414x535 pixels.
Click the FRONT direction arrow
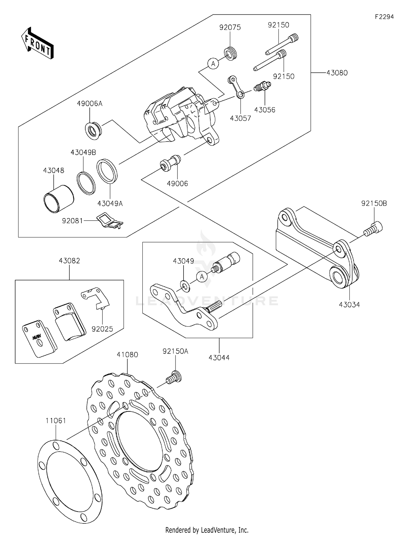tap(37, 43)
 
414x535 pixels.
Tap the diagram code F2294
tap(384, 17)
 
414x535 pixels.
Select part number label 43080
tap(337, 73)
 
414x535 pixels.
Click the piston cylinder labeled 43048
tap(59, 199)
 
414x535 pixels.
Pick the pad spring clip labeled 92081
tap(110, 221)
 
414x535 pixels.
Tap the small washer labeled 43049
tap(185, 286)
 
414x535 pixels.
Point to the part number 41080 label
tap(127, 354)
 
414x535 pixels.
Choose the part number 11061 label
tap(56, 421)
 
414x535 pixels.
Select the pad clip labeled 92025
tap(96, 298)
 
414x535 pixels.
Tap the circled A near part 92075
tap(213, 64)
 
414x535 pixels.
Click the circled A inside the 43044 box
tap(202, 276)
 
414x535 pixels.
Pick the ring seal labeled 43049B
tap(86, 183)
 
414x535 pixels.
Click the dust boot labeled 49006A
tap(93, 129)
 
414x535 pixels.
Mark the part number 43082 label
tap(69, 261)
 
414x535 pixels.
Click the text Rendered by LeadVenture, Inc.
tap(207, 530)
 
